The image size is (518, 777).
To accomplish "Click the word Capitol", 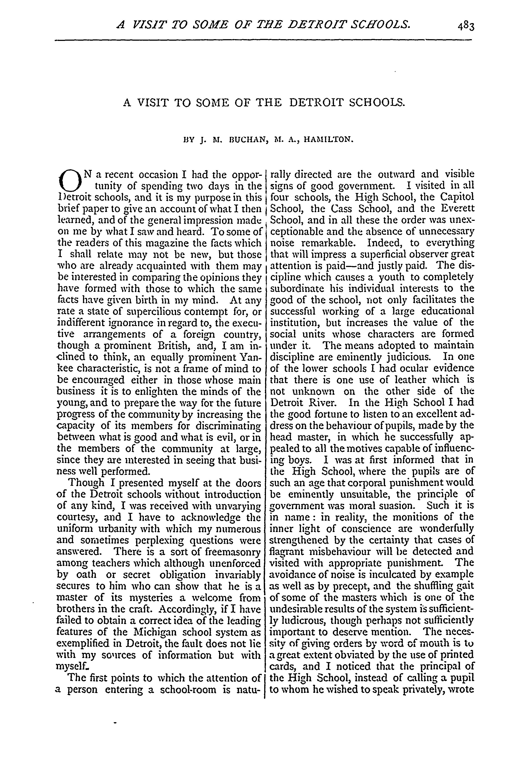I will point(457,197).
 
